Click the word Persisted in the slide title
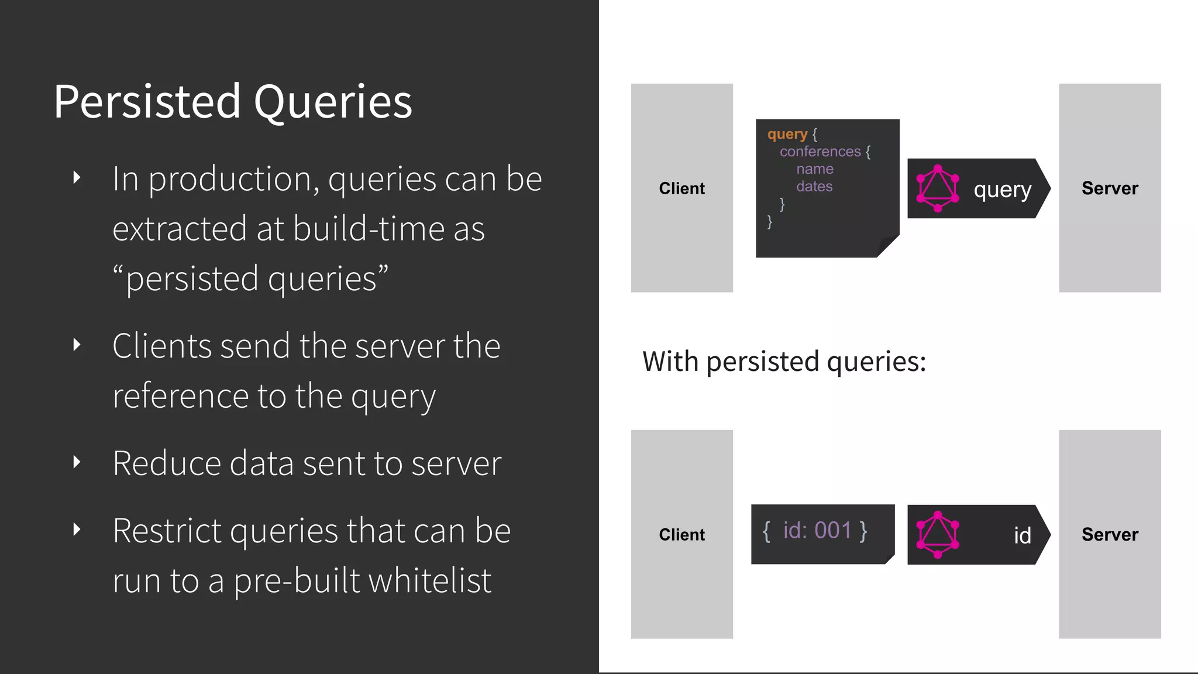tap(147, 102)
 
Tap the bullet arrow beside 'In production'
tap(77, 178)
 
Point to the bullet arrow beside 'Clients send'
tap(77, 345)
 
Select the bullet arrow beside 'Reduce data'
tap(77, 462)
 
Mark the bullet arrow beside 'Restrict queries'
tap(77, 529)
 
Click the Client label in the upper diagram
tap(681, 188)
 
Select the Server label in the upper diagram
tap(1110, 188)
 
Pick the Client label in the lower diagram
tap(681, 535)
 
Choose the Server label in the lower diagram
tap(1110, 535)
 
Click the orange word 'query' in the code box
tap(787, 134)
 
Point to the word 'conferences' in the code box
tap(820, 152)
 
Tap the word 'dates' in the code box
tap(814, 187)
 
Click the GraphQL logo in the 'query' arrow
tap(938, 188)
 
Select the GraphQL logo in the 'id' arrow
tap(938, 535)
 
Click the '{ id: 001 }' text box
tap(815, 531)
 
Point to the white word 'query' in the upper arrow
tap(1002, 190)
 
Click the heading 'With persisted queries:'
tap(784, 362)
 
